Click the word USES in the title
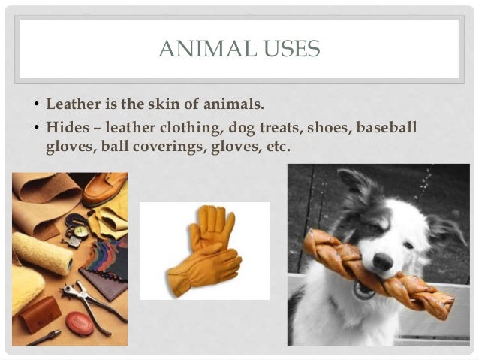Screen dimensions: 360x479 click(288, 50)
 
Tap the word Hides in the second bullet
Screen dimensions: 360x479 click(66, 128)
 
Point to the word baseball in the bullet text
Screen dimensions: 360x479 click(386, 128)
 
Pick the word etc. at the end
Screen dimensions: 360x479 click(277, 147)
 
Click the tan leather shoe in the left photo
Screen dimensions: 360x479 click(105, 187)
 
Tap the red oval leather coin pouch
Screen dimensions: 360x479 click(80, 324)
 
